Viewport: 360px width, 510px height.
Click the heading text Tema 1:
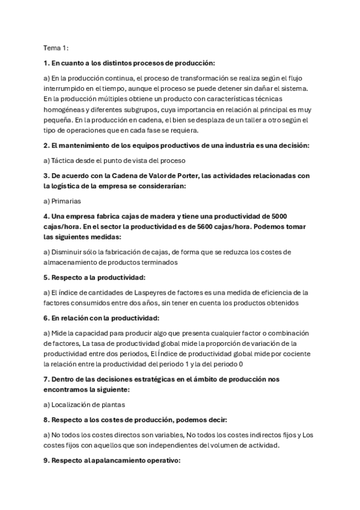coord(56,48)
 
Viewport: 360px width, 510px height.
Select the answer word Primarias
coord(67,201)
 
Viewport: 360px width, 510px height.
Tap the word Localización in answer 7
coord(73,405)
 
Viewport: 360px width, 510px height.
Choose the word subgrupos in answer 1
coord(159,109)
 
